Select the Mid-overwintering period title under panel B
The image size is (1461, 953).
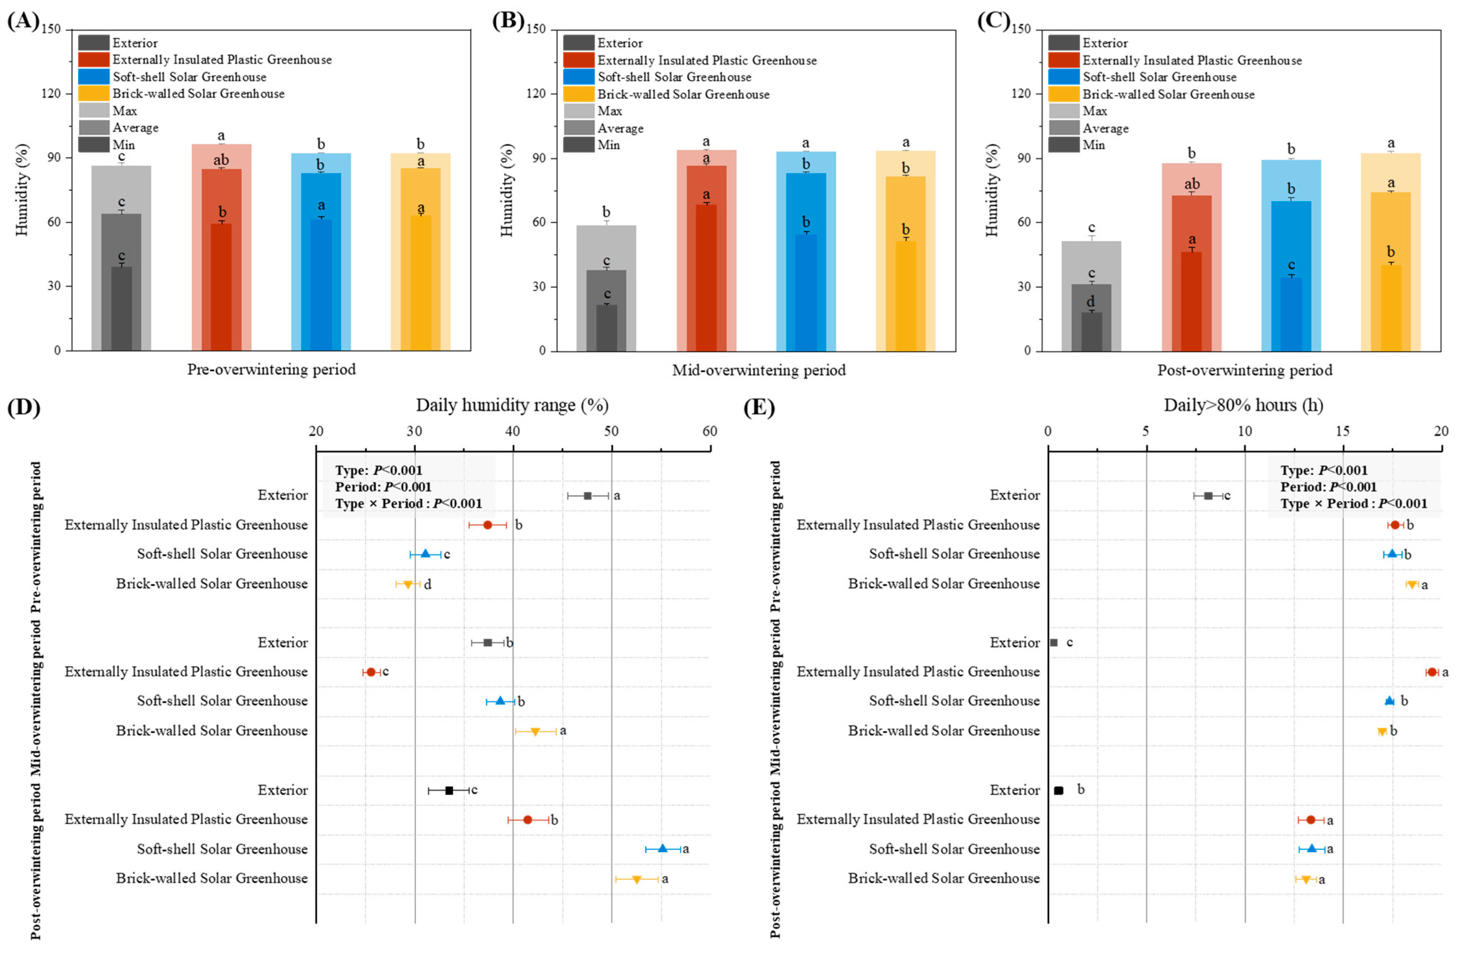click(759, 370)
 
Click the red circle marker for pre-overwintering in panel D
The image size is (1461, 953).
click(487, 525)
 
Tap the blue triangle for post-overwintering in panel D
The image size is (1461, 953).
click(662, 848)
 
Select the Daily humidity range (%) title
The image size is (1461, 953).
click(512, 405)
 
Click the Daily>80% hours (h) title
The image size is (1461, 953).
click(1244, 405)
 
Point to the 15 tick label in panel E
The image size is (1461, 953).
click(1343, 431)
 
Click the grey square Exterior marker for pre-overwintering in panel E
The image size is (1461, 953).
click(1208, 496)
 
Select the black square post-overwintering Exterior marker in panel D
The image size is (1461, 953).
click(449, 790)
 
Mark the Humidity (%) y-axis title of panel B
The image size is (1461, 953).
click(507, 190)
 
